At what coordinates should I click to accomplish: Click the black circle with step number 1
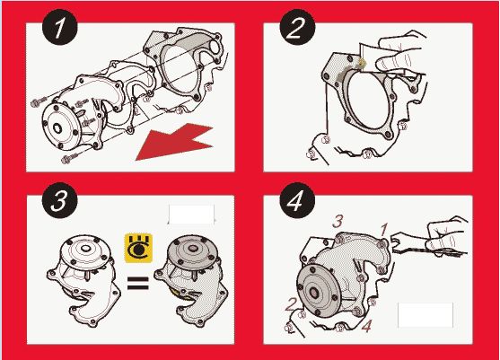click(59, 28)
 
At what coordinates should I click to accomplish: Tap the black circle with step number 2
click(297, 28)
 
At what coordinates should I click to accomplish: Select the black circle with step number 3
click(59, 200)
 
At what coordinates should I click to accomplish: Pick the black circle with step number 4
click(297, 200)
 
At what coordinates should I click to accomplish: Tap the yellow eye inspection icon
click(138, 249)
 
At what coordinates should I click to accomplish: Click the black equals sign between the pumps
click(137, 283)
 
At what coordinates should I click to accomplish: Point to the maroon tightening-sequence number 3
click(338, 221)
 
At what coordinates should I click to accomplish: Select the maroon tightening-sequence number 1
click(383, 230)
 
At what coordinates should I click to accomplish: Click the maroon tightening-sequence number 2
click(291, 304)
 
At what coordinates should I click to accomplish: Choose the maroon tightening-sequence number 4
click(367, 326)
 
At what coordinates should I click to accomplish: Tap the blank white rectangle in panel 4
click(425, 315)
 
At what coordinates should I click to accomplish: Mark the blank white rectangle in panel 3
click(191, 215)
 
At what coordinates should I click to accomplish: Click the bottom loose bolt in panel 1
click(69, 158)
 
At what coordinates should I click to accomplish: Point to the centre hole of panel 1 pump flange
click(57, 128)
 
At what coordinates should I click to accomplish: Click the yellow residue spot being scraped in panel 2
click(361, 63)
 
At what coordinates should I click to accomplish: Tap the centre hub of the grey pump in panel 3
click(193, 248)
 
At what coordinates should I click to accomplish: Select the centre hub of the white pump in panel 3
click(84, 248)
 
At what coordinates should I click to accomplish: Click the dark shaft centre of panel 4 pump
click(314, 292)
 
